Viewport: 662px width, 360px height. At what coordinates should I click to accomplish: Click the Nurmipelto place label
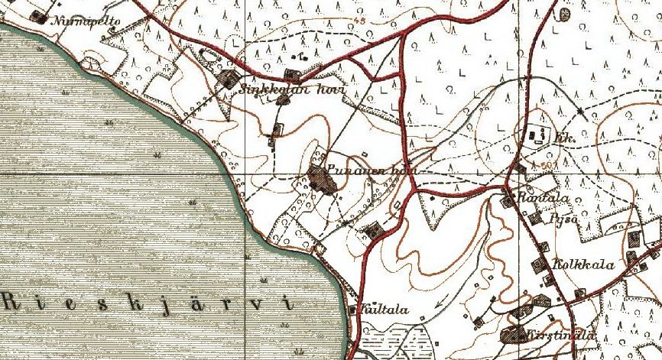pyautogui.click(x=85, y=22)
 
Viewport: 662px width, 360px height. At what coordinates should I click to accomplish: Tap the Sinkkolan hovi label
pyautogui.click(x=293, y=89)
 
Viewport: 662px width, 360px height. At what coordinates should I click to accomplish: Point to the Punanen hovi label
pyautogui.click(x=370, y=170)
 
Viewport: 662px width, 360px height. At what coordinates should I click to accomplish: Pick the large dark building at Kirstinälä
pyautogui.click(x=511, y=335)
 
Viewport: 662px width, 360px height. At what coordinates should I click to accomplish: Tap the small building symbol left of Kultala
pyautogui.click(x=352, y=310)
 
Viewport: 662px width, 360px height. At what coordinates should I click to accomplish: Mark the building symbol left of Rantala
pyautogui.click(x=508, y=200)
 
